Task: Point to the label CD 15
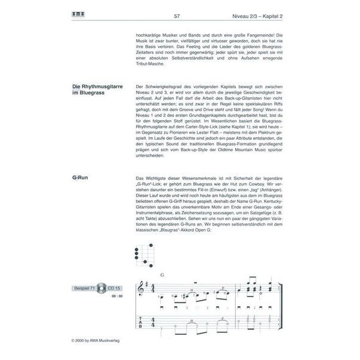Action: point(113,286)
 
